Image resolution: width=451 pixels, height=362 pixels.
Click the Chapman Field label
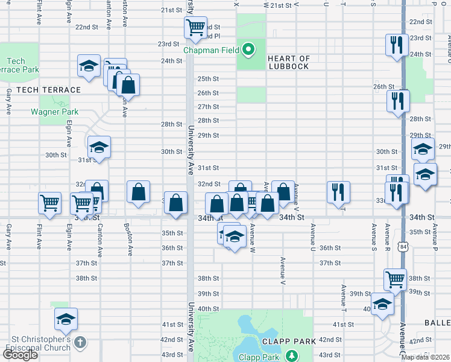pos(211,61)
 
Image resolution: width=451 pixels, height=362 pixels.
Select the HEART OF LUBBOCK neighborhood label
pos(289,62)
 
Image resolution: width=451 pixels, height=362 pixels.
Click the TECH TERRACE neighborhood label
pos(48,90)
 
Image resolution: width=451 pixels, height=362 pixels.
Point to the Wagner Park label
pos(54,112)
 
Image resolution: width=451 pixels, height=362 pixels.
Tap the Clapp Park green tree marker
pos(292,356)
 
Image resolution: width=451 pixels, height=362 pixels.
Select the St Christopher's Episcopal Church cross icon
pos(81,343)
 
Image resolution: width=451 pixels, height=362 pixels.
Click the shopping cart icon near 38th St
pos(395,279)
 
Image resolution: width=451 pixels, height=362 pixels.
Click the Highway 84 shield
pos(403,246)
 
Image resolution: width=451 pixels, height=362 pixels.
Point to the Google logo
pos(20,355)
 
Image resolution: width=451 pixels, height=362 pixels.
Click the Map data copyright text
pos(425,357)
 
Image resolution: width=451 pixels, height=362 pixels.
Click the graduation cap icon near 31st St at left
pos(99,147)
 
